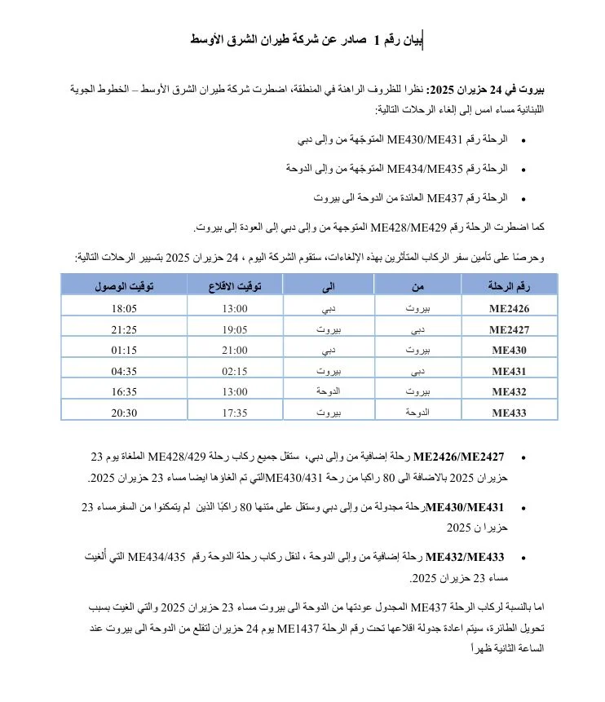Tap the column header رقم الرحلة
pyautogui.click(x=509, y=285)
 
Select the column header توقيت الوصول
pyautogui.click(x=124, y=285)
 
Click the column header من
pyautogui.click(x=417, y=285)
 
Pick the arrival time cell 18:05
pyautogui.click(x=124, y=308)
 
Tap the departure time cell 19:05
pyautogui.click(x=235, y=329)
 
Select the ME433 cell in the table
pyautogui.click(x=510, y=413)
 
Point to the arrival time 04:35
pyautogui.click(x=124, y=371)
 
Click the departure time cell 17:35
pyautogui.click(x=235, y=413)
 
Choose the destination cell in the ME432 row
pyautogui.click(x=328, y=391)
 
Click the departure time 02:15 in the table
pyautogui.click(x=235, y=371)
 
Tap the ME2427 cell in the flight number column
pyautogui.click(x=510, y=330)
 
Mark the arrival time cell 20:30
pyautogui.click(x=124, y=413)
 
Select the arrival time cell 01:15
pyautogui.click(x=124, y=351)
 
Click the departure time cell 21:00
pyautogui.click(x=235, y=351)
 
